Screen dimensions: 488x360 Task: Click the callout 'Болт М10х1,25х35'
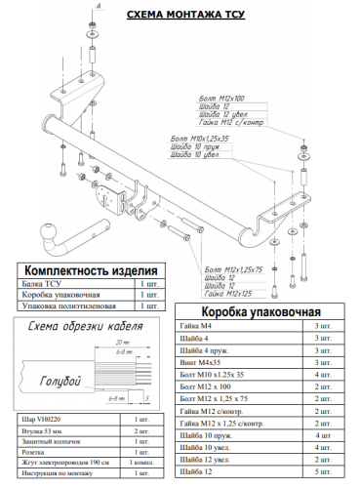click(198, 138)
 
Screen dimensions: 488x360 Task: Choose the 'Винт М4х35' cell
click(205, 361)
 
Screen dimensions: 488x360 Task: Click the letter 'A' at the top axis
click(98, 5)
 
